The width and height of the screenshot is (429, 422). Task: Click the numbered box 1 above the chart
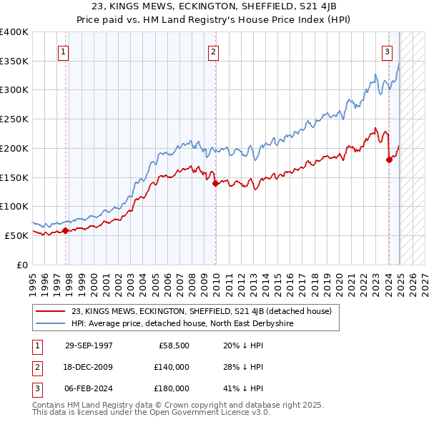(x=64, y=51)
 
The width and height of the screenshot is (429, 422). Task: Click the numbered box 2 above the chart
(x=214, y=51)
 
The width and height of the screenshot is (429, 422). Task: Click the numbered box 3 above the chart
(x=387, y=51)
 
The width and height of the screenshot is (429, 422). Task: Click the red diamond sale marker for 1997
(x=65, y=230)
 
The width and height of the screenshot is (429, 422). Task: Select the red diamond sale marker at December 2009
(x=215, y=183)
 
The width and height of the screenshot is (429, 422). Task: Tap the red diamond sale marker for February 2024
(x=389, y=160)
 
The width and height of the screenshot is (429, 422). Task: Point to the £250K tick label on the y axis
(x=14, y=119)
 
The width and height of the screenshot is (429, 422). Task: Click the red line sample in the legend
(x=51, y=311)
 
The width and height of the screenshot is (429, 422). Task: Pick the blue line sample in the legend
(x=51, y=324)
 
